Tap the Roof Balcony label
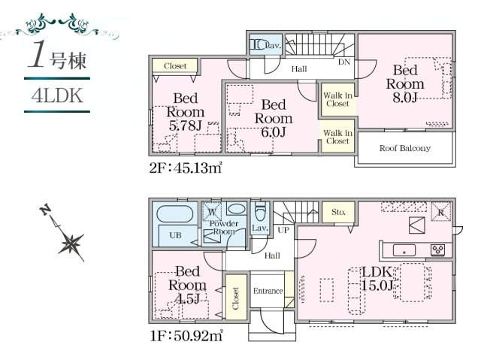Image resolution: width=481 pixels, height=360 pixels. pyautogui.click(x=406, y=149)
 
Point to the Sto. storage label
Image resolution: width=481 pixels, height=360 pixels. pyautogui.click(x=337, y=213)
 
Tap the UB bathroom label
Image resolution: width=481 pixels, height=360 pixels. pyautogui.click(x=174, y=235)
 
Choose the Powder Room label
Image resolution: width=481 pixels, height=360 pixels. pyautogui.click(x=223, y=228)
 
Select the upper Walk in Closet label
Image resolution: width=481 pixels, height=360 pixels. pyautogui.click(x=336, y=98)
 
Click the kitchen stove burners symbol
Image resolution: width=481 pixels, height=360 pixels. pyautogui.click(x=436, y=250)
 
